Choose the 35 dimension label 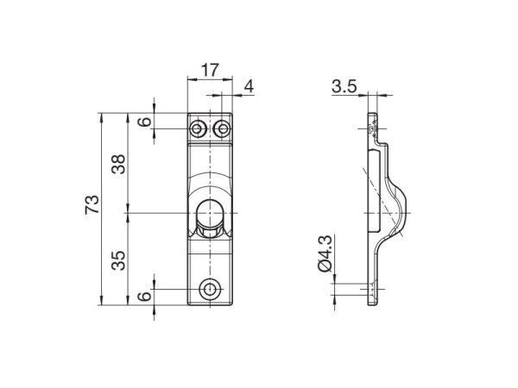[x=119, y=258]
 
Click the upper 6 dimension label [x=144, y=121]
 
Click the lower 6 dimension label [x=144, y=295]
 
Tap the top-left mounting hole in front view [x=199, y=129]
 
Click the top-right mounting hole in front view [x=223, y=129]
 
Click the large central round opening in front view [x=210, y=211]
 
